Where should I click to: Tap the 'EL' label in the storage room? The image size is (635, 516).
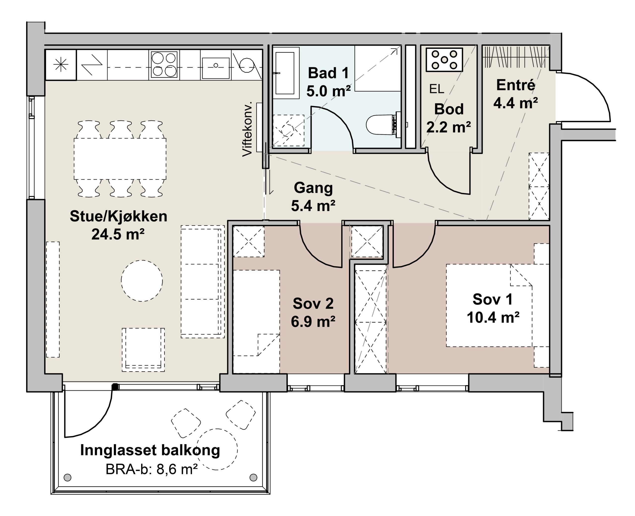tap(437, 89)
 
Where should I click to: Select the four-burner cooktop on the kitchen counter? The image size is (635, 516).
tap(164, 64)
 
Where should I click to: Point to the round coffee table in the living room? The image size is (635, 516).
tap(142, 281)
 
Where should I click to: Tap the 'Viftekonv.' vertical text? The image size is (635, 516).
tap(247, 129)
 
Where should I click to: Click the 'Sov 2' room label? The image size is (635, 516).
tap(313, 303)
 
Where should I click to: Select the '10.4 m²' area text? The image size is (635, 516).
tap(493, 317)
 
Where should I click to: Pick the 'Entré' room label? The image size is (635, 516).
tap(516, 85)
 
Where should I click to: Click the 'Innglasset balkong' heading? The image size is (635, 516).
tap(150, 450)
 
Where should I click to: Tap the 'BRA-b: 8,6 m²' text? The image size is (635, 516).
tap(152, 470)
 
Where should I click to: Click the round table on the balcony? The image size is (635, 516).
tap(217, 449)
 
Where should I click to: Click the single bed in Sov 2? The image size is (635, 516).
tap(256, 321)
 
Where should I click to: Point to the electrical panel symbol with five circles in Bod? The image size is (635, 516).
tap(444, 60)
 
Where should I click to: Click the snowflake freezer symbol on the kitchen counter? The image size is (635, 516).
tap(61, 64)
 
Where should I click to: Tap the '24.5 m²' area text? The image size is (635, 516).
tap(118, 235)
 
